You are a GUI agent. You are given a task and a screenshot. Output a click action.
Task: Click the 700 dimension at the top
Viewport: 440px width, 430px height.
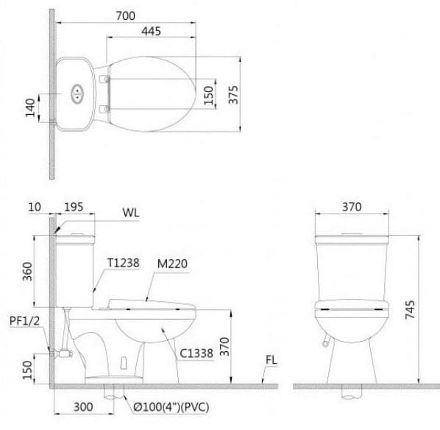point(126,15)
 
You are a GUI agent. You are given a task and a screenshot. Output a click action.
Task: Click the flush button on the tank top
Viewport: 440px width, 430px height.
point(77,94)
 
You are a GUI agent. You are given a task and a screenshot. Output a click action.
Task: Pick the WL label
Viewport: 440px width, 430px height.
point(132,214)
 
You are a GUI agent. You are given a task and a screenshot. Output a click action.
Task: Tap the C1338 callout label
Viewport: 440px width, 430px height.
point(198,353)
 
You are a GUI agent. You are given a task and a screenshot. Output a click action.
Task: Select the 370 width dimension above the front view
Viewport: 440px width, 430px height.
point(351,207)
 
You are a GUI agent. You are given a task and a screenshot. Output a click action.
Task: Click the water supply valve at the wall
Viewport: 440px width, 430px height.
point(65,353)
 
